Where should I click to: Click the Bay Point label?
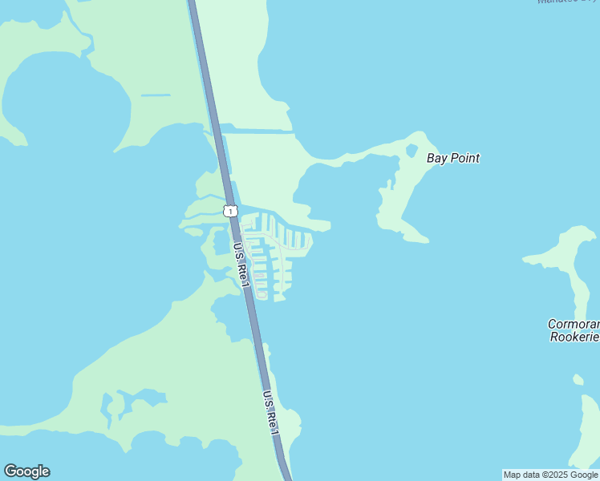tap(453, 158)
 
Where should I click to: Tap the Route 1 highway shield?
tap(231, 211)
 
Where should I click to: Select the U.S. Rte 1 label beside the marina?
tap(241, 264)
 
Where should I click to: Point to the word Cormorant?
tap(573, 325)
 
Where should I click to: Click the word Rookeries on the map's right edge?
tap(574, 338)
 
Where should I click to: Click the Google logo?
tap(26, 471)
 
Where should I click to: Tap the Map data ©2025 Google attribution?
tap(550, 475)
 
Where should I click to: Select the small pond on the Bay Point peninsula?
tap(411, 150)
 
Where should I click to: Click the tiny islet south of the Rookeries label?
tap(578, 379)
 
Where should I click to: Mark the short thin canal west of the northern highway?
tap(156, 95)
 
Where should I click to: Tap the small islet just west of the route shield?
tap(193, 231)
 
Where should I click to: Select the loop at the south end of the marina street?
tap(261, 293)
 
